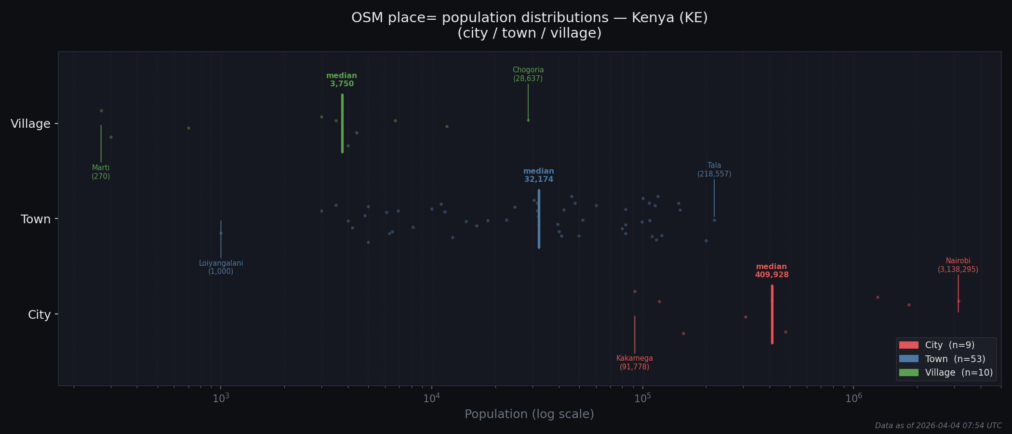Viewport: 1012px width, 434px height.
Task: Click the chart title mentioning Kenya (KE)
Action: click(x=529, y=25)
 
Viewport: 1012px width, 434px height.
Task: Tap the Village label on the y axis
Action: click(x=30, y=124)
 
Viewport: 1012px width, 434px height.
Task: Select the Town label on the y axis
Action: click(x=36, y=219)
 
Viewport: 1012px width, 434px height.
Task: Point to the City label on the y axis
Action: click(x=39, y=315)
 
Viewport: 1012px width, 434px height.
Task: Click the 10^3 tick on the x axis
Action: click(x=221, y=398)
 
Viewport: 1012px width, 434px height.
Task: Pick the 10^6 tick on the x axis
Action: click(x=853, y=398)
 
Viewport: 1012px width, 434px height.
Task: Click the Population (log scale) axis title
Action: click(x=529, y=414)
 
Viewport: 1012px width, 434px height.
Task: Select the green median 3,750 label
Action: click(x=342, y=80)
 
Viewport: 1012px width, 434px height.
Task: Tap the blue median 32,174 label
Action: click(x=538, y=176)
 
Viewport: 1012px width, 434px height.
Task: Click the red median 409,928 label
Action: click(x=772, y=271)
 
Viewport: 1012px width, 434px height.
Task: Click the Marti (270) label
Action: click(x=101, y=172)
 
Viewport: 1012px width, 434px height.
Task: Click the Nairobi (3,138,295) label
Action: click(x=958, y=265)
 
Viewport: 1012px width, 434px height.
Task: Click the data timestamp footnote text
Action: click(x=938, y=426)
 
